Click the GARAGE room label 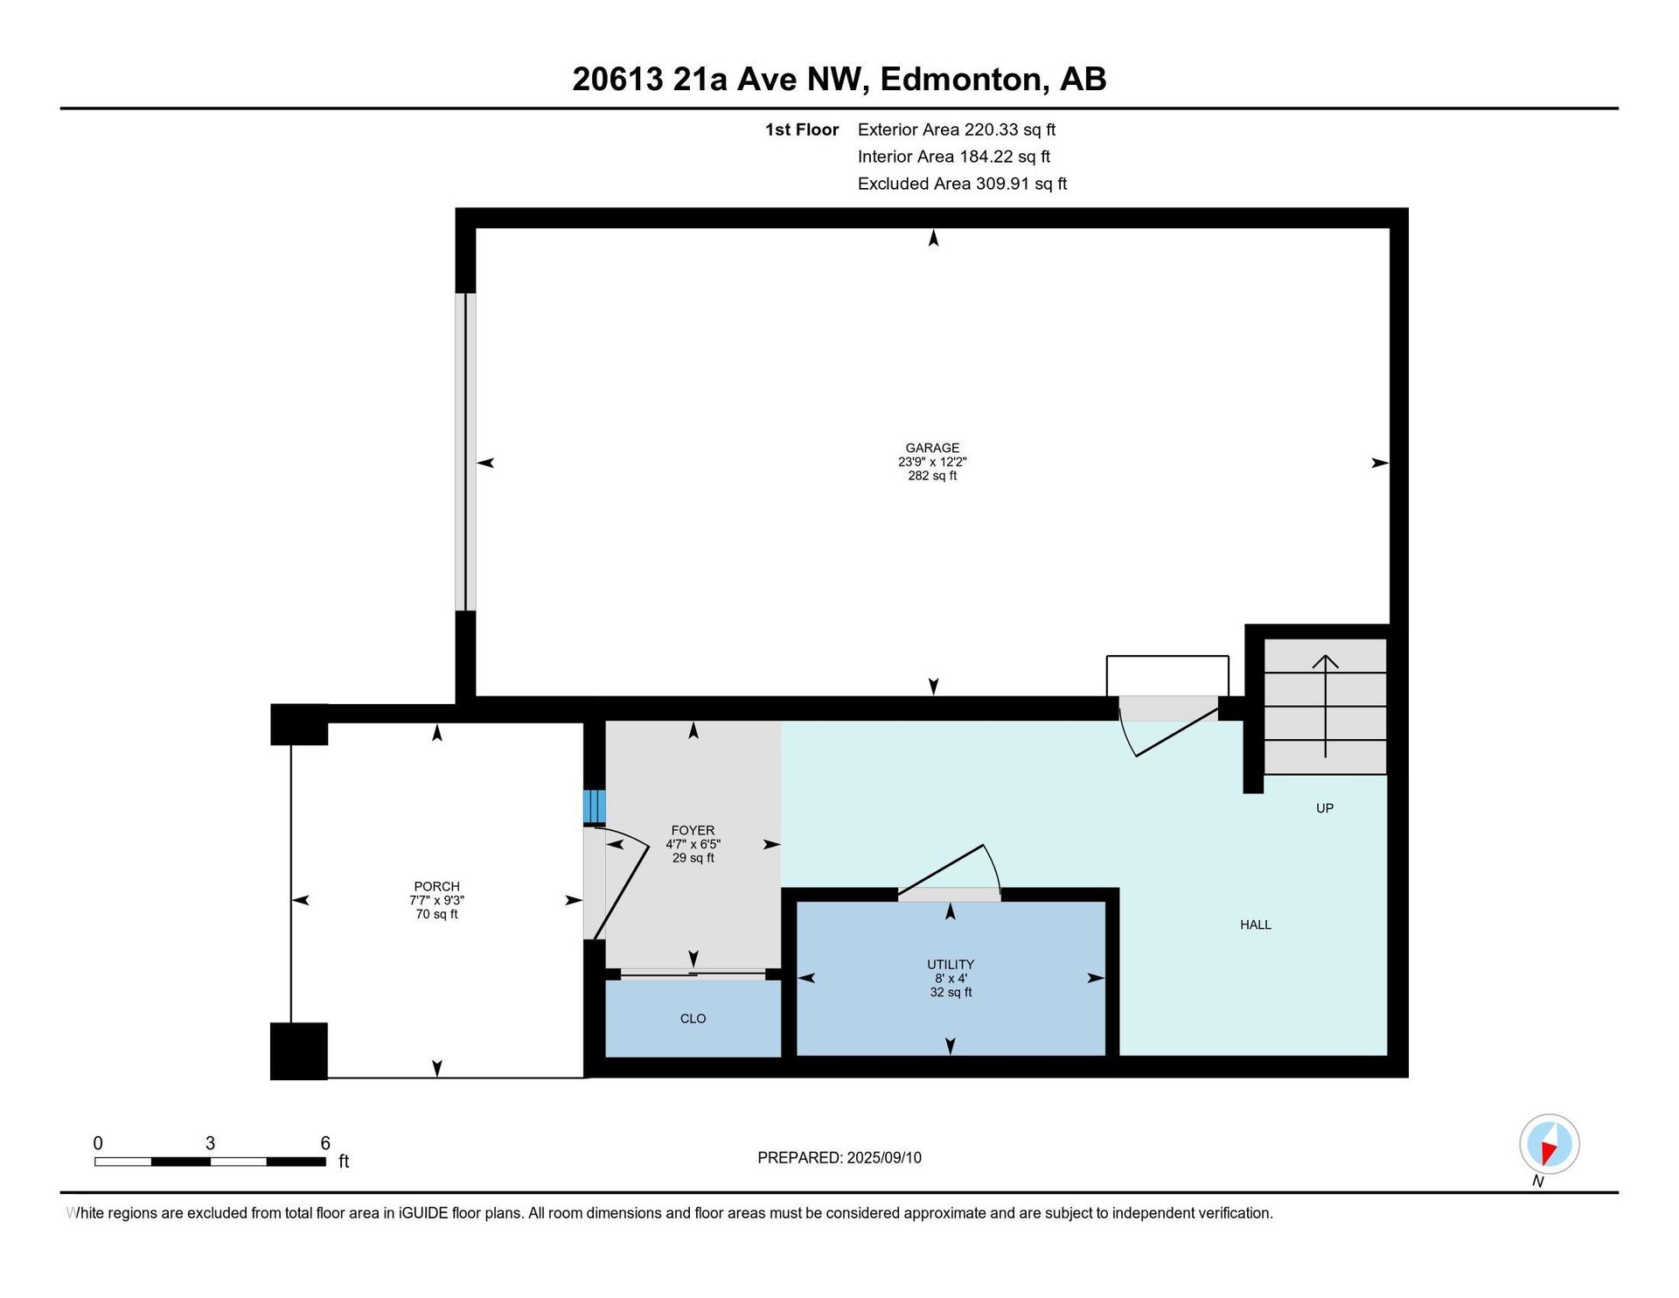[932, 448]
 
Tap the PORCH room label [436, 886]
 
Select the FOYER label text [693, 830]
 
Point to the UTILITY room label [951, 965]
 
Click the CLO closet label [693, 1018]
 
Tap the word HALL [1256, 925]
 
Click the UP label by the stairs [1325, 808]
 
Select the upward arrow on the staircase [1326, 706]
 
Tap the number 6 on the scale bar [325, 1143]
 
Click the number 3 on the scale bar [210, 1143]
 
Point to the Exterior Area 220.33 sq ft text [957, 129]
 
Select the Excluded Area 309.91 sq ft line [962, 184]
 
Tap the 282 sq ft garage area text [932, 476]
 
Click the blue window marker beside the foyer [594, 806]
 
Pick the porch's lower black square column [299, 1050]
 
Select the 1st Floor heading [802, 129]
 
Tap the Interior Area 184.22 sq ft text [954, 157]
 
